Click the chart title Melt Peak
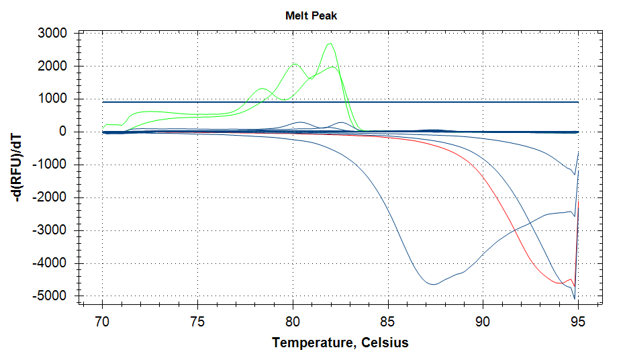tap(310, 15)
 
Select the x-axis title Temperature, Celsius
tap(340, 343)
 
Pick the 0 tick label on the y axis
tap(63, 132)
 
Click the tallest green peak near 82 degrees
tap(330, 44)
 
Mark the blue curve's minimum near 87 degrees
tap(434, 284)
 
